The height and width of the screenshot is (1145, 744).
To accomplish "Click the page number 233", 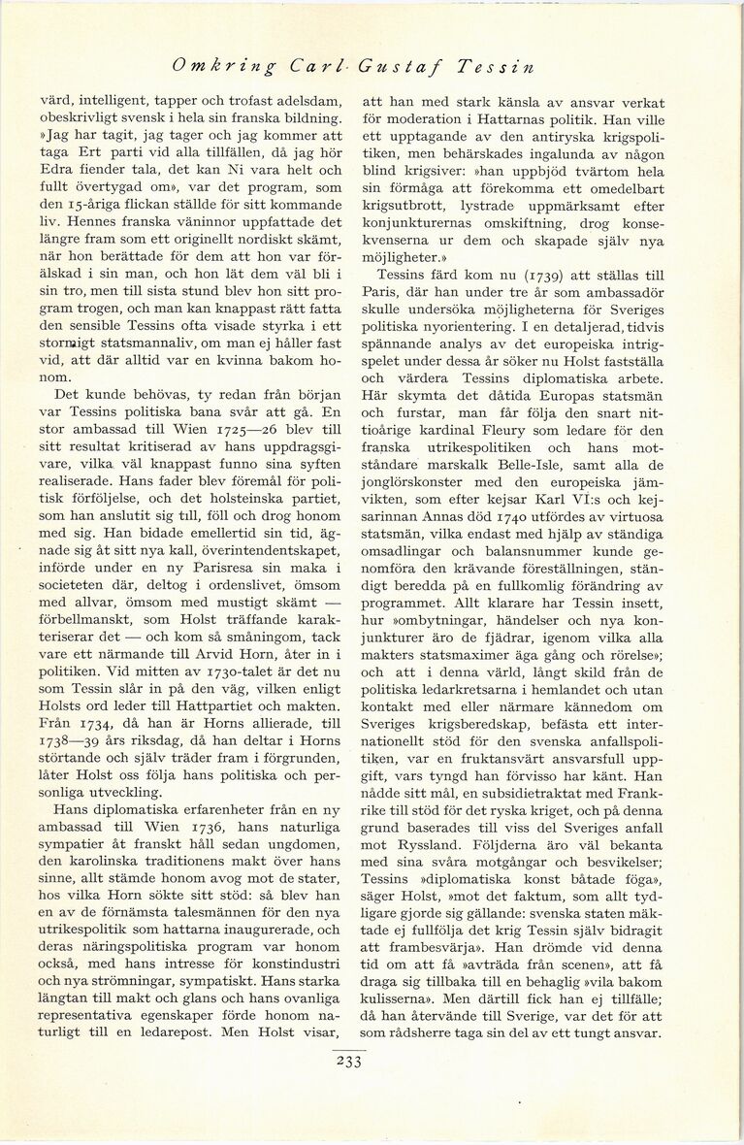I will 346,1061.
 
